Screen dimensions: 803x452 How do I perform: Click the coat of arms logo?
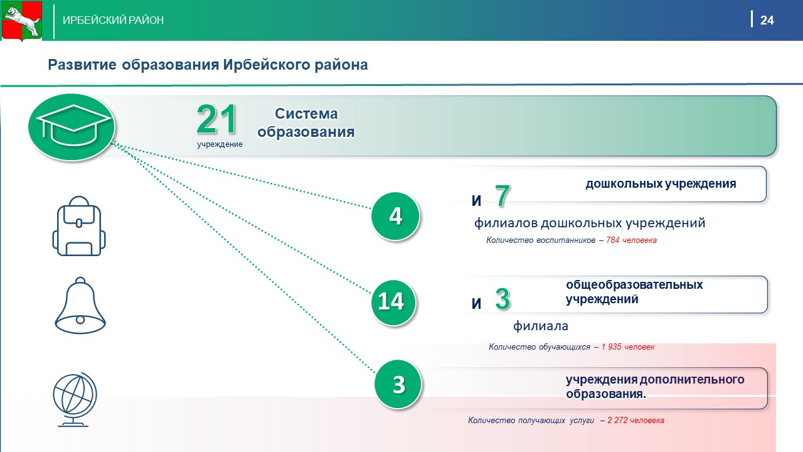(x=22, y=21)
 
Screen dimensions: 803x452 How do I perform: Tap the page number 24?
(x=767, y=20)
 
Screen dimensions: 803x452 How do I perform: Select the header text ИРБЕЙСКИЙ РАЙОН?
(x=114, y=20)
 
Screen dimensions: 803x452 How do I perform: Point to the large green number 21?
(x=216, y=119)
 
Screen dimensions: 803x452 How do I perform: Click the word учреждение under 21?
(x=220, y=144)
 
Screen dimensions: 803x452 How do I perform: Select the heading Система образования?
(x=306, y=122)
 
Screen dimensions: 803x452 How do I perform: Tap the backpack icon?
(x=79, y=226)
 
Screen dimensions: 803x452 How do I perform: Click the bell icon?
(x=80, y=306)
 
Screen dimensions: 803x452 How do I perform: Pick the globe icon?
(x=75, y=399)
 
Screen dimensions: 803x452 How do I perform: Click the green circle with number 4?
(x=395, y=217)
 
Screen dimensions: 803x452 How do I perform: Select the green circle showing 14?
(x=393, y=303)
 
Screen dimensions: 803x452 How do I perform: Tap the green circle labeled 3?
(x=398, y=385)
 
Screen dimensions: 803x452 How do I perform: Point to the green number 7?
(x=503, y=196)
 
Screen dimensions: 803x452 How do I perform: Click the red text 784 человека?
(x=631, y=240)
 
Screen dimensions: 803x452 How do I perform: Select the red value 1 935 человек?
(x=628, y=347)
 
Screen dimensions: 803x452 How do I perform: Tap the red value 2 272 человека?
(x=635, y=420)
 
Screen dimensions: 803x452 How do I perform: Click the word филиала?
(x=541, y=326)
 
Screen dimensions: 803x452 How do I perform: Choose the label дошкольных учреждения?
(x=661, y=184)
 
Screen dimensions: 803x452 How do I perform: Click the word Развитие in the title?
(x=82, y=65)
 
